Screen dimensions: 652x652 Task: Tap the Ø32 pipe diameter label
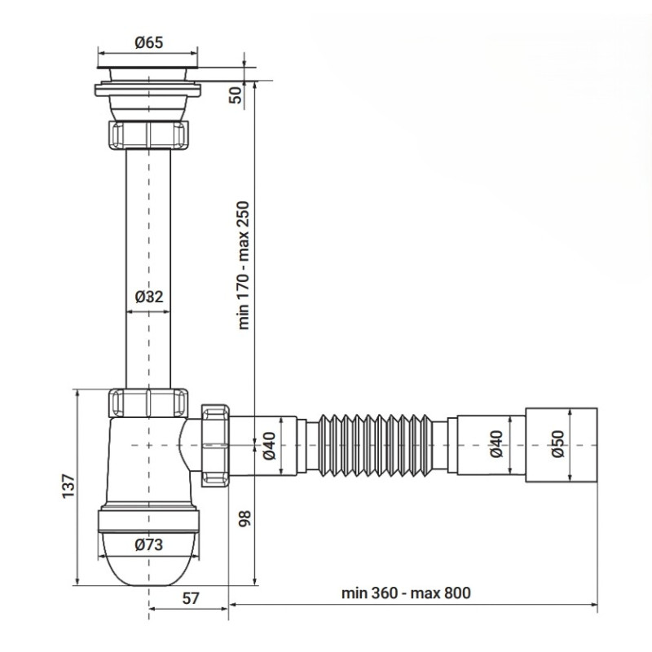click(x=148, y=297)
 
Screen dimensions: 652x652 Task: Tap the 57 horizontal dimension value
click(x=189, y=597)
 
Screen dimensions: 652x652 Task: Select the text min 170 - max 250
click(x=244, y=265)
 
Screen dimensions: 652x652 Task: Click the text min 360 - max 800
click(x=408, y=593)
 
